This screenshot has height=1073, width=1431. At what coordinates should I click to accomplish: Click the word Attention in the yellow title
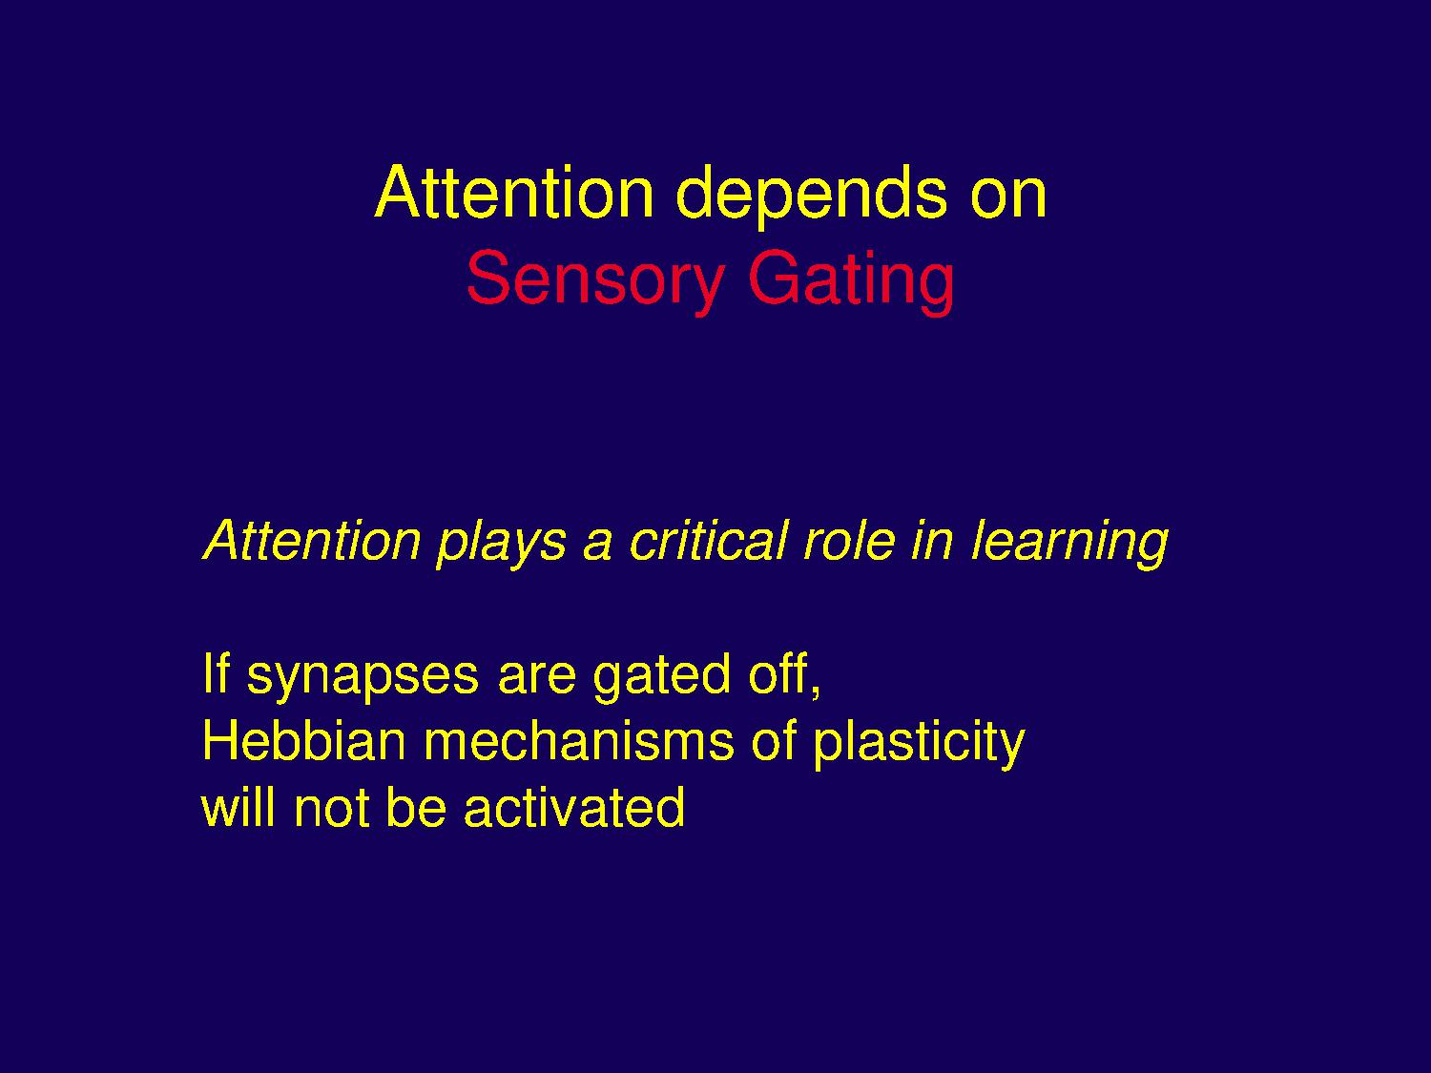[514, 193]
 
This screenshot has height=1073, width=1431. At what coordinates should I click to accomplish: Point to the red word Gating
[853, 283]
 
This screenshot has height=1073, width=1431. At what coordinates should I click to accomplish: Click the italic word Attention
[313, 540]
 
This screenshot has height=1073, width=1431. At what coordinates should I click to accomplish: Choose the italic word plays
[502, 545]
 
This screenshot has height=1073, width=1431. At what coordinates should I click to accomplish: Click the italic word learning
[1069, 545]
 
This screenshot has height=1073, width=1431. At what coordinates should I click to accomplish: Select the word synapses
[363, 679]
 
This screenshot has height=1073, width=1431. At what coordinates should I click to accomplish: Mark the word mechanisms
[579, 740]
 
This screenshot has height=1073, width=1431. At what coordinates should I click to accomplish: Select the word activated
[574, 807]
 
